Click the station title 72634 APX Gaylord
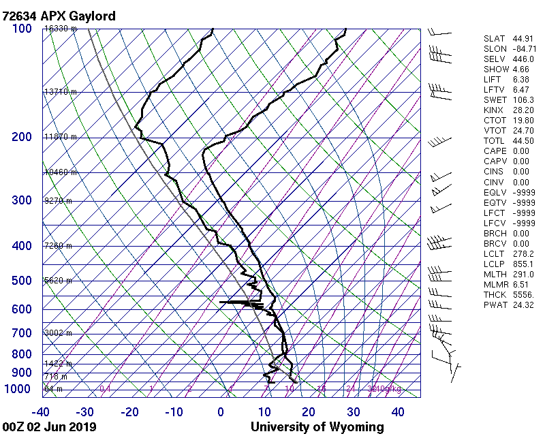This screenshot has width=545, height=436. (x=59, y=16)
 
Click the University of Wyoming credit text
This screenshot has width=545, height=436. (x=317, y=427)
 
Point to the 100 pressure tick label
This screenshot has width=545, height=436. (x=22, y=29)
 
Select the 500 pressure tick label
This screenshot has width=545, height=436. (x=22, y=281)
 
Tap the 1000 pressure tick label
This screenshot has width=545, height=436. (x=19, y=389)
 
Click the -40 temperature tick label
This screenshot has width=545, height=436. (x=40, y=412)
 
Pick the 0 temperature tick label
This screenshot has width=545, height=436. (x=221, y=412)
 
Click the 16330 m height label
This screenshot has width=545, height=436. (x=61, y=29)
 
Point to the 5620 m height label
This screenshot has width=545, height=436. (x=58, y=280)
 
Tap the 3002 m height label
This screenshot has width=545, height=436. (x=58, y=333)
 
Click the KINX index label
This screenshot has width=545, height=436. (x=494, y=110)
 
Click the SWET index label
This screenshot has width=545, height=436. (x=494, y=100)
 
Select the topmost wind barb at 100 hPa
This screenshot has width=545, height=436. (x=439, y=32)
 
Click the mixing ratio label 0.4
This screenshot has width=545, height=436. (x=105, y=389)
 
